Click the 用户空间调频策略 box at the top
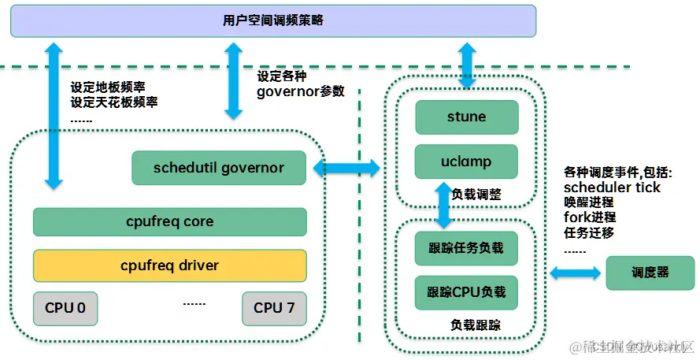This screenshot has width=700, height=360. (x=272, y=20)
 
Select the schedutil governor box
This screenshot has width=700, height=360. (x=219, y=167)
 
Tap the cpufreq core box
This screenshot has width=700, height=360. (x=169, y=222)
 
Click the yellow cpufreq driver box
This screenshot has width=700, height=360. (x=169, y=265)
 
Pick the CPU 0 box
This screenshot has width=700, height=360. (x=65, y=308)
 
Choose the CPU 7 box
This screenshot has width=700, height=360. (x=274, y=308)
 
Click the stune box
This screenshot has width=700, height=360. (x=466, y=117)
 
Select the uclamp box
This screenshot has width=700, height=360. (x=466, y=161)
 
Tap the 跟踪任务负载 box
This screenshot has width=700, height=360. (x=466, y=248)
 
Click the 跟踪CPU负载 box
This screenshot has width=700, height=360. (x=466, y=292)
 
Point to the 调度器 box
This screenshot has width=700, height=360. (x=650, y=272)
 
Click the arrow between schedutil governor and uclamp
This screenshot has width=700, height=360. (x=346, y=167)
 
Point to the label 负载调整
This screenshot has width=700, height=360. (x=477, y=193)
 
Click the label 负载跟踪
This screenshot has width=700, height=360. (x=476, y=325)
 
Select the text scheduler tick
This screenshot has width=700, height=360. (x=612, y=187)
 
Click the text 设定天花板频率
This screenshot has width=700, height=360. (x=113, y=102)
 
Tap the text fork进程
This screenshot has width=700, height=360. (x=590, y=217)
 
